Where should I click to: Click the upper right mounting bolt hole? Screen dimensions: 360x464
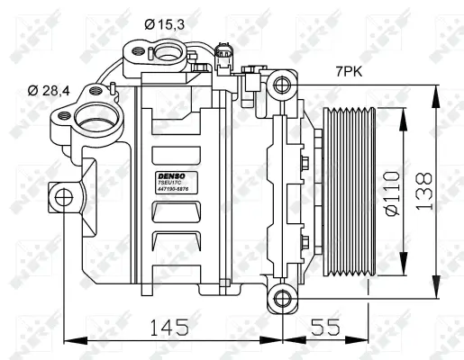pyautogui.click(x=282, y=86)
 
